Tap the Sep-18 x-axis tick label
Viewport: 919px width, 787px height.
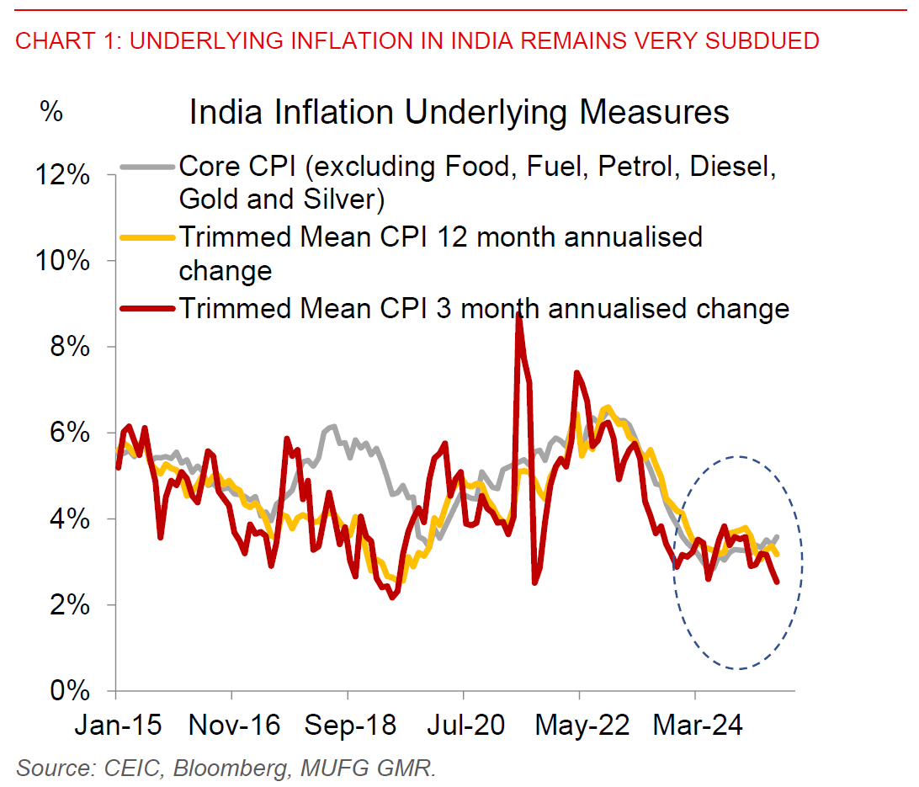pos(348,726)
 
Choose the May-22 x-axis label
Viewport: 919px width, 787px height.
pos(580,726)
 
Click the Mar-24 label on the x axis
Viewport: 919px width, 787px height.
pos(696,726)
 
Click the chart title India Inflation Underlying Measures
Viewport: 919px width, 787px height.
pos(459,112)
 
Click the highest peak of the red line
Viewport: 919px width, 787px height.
pos(518,313)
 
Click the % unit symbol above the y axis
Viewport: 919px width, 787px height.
pos(51,111)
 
